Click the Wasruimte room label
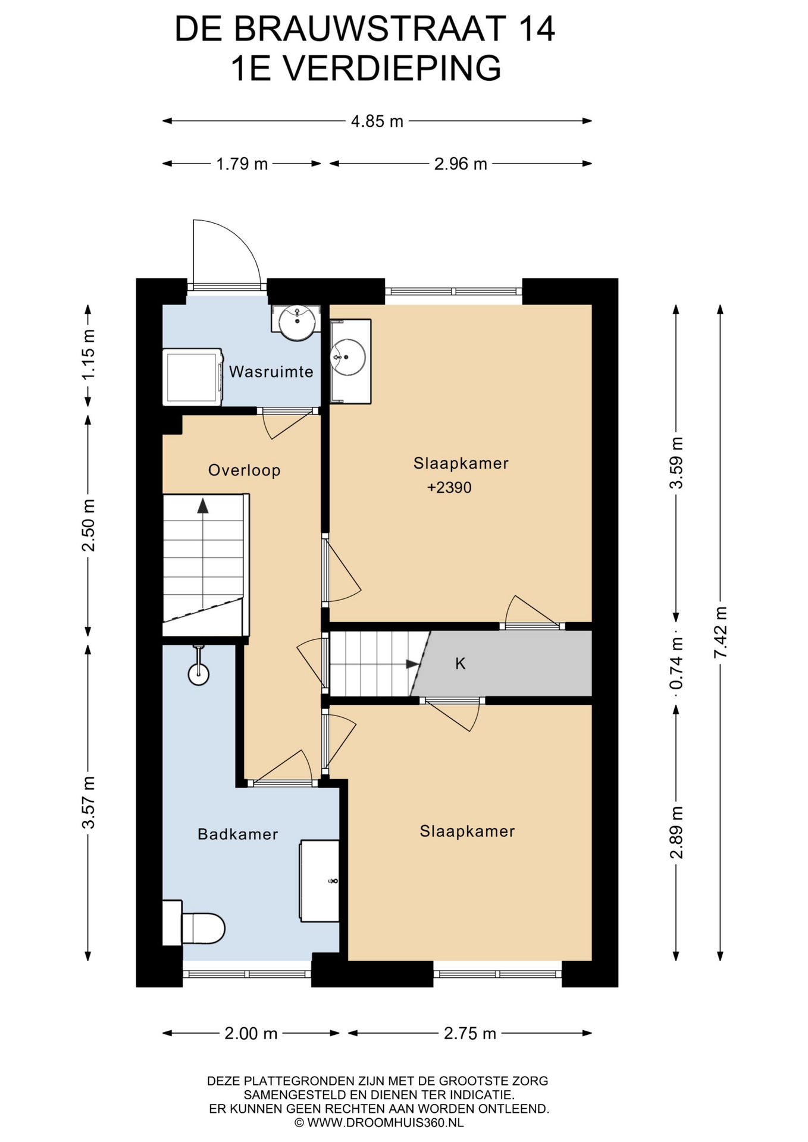coord(271,372)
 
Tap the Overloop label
coord(244,470)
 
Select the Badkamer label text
coord(238,834)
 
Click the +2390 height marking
coord(449,488)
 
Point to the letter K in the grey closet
coord(461,664)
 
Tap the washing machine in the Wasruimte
coord(193,377)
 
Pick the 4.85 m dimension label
coord(377,121)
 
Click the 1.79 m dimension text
coord(242,164)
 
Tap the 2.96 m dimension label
coord(461,164)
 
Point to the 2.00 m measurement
coord(251,1033)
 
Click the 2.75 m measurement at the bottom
coord(470,1033)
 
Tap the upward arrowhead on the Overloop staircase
coord(203,506)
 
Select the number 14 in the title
coord(537,29)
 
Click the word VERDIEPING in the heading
coord(392,68)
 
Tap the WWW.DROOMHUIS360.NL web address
coord(386,1122)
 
